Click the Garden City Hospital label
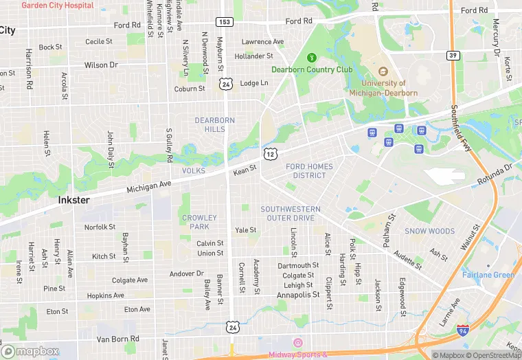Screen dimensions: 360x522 pos(58,5)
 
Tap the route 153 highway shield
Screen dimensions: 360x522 pos(225,22)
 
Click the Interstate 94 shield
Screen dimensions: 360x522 pos(464,330)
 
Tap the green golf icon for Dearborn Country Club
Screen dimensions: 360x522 pos(312,58)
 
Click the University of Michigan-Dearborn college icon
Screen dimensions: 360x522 pos(383,71)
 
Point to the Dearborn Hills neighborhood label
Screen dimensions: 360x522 pos(215,124)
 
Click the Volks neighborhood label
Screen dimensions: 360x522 pos(194,170)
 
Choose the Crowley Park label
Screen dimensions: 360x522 pos(199,222)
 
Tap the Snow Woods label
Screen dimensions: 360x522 pos(429,232)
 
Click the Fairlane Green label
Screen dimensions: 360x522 pos(488,275)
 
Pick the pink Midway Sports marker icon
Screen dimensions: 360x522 pos(297,343)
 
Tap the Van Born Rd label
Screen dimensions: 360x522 pos(117,339)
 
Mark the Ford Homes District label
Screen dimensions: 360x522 pos(309,170)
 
